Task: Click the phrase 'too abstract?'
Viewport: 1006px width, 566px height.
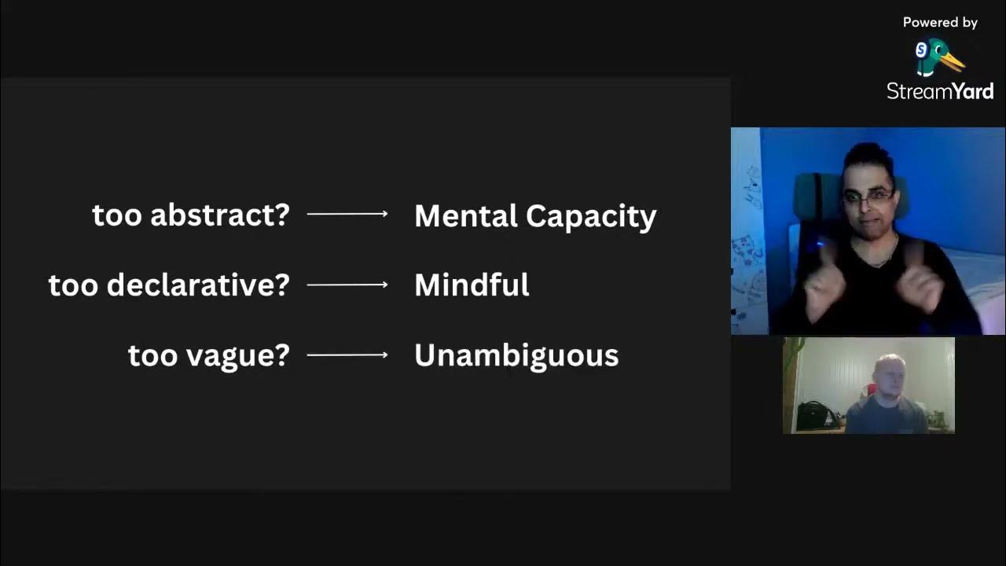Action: click(191, 215)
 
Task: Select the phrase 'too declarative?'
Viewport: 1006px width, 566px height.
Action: click(169, 285)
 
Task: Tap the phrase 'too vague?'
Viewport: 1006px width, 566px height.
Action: click(209, 355)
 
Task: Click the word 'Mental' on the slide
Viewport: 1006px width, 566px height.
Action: click(464, 216)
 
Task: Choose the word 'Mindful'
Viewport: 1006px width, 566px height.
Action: click(472, 285)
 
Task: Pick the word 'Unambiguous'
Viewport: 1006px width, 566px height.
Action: click(516, 355)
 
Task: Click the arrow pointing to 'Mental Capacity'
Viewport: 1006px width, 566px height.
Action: click(347, 214)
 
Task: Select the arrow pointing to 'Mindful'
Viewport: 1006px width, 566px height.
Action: click(347, 285)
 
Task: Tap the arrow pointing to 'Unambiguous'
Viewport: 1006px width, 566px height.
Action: click(347, 355)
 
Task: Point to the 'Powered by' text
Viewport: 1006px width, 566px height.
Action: click(940, 23)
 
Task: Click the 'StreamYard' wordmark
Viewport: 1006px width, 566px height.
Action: click(940, 91)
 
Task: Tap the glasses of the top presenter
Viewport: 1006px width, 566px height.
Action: click(868, 197)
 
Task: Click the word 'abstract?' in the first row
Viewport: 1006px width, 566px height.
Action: click(220, 215)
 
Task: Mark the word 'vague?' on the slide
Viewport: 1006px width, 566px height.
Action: click(237, 356)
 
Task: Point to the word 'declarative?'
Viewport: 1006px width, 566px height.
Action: click(198, 285)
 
